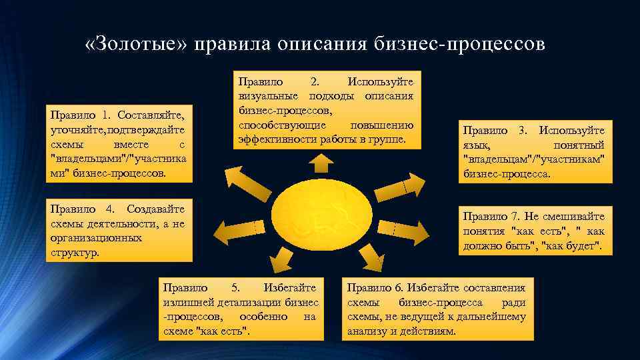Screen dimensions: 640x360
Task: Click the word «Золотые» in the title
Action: click(137, 44)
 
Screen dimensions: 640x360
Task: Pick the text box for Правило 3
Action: click(533, 153)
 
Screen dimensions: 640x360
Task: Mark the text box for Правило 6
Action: click(437, 309)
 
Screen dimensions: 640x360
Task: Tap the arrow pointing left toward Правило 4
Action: click(233, 230)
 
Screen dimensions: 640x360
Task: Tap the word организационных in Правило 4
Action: click(96, 237)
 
